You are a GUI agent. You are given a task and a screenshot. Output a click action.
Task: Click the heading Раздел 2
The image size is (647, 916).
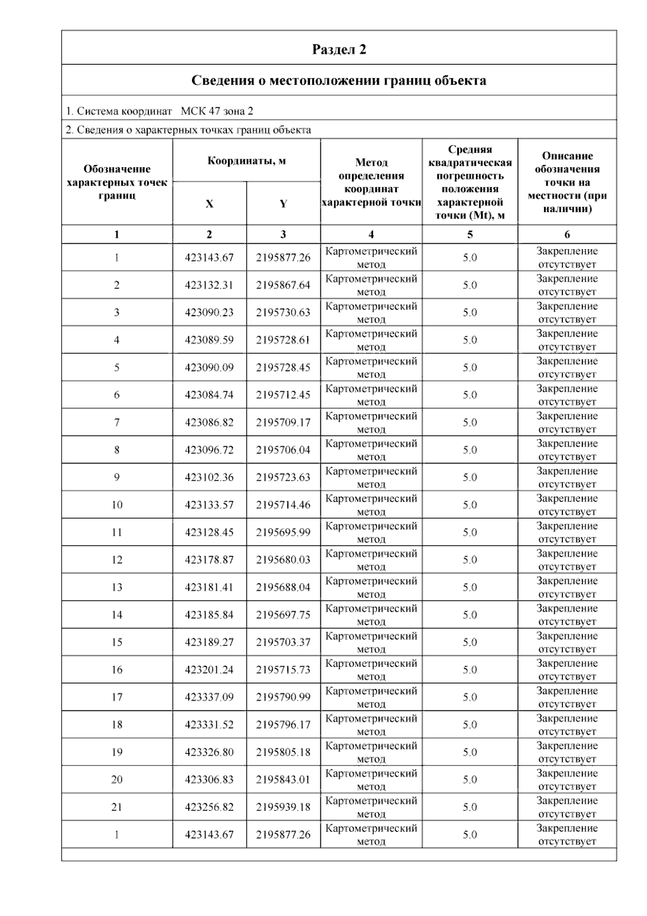pyautogui.click(x=339, y=50)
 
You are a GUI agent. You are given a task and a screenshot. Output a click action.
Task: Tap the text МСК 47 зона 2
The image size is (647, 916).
pyautogui.click(x=217, y=112)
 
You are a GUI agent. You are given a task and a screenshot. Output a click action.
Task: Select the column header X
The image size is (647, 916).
pyautogui.click(x=209, y=204)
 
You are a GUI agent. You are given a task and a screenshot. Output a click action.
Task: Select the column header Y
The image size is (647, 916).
pyautogui.click(x=283, y=204)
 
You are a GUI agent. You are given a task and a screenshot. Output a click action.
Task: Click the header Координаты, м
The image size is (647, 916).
pyautogui.click(x=246, y=161)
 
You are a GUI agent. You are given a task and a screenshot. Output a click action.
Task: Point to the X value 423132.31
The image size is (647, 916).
pyautogui.click(x=209, y=285)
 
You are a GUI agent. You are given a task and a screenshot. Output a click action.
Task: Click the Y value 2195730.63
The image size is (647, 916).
pyautogui.click(x=283, y=313)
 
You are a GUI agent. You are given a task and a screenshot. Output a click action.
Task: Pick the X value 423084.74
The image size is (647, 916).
pyautogui.click(x=209, y=395)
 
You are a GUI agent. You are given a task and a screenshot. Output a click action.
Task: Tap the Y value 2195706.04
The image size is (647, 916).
pyautogui.click(x=283, y=450)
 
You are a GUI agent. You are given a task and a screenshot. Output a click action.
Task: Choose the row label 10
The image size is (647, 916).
pyautogui.click(x=117, y=505)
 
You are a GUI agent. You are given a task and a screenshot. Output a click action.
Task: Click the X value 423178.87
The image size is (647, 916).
pyautogui.click(x=209, y=560)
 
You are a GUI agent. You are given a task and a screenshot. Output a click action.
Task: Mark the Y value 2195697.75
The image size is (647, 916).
pyautogui.click(x=283, y=615)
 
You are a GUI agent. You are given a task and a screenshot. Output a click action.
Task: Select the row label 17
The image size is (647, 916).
pyautogui.click(x=117, y=697)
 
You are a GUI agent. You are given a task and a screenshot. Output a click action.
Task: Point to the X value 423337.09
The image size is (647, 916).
pyautogui.click(x=209, y=697)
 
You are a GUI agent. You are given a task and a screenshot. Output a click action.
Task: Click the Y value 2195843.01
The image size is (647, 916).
pyautogui.click(x=283, y=780)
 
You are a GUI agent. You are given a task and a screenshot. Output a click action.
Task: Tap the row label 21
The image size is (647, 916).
pyautogui.click(x=117, y=807)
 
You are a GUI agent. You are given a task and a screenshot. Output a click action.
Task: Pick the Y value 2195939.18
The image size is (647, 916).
pyautogui.click(x=283, y=807)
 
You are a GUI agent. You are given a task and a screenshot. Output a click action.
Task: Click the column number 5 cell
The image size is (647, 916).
pyautogui.click(x=470, y=235)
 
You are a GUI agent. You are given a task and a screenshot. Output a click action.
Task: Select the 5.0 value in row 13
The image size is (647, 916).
pyautogui.click(x=470, y=587)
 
